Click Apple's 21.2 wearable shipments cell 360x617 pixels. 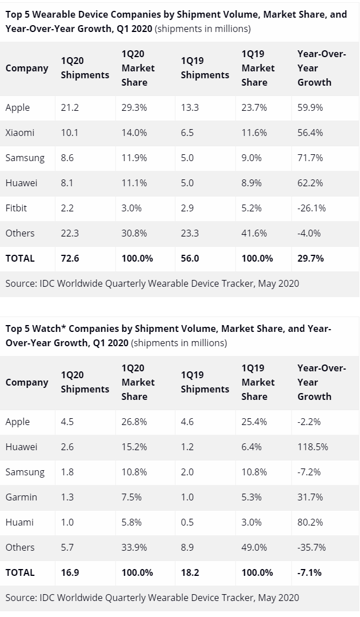pyautogui.click(x=69, y=107)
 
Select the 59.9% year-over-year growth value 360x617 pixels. pyautogui.click(x=310, y=107)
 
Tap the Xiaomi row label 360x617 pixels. pyautogui.click(x=20, y=133)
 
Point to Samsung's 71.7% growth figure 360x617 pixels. pyautogui.click(x=310, y=158)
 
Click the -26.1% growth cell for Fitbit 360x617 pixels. pyautogui.click(x=311, y=208)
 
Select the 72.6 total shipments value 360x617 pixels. pyautogui.click(x=70, y=258)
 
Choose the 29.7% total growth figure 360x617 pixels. pyautogui.click(x=311, y=258)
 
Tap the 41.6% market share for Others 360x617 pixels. pyautogui.click(x=254, y=233)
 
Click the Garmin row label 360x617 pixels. pyautogui.click(x=21, y=497)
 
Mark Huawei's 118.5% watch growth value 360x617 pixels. pyautogui.click(x=313, y=447)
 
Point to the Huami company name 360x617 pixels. pyautogui.click(x=19, y=522)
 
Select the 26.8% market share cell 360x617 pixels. pyautogui.click(x=134, y=422)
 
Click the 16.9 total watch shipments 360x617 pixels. pyautogui.click(x=70, y=572)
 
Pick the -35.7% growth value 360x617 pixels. pyautogui.click(x=311, y=547)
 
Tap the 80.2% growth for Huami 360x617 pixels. pyautogui.click(x=310, y=522)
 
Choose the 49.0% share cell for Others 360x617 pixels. pyautogui.click(x=254, y=547)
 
